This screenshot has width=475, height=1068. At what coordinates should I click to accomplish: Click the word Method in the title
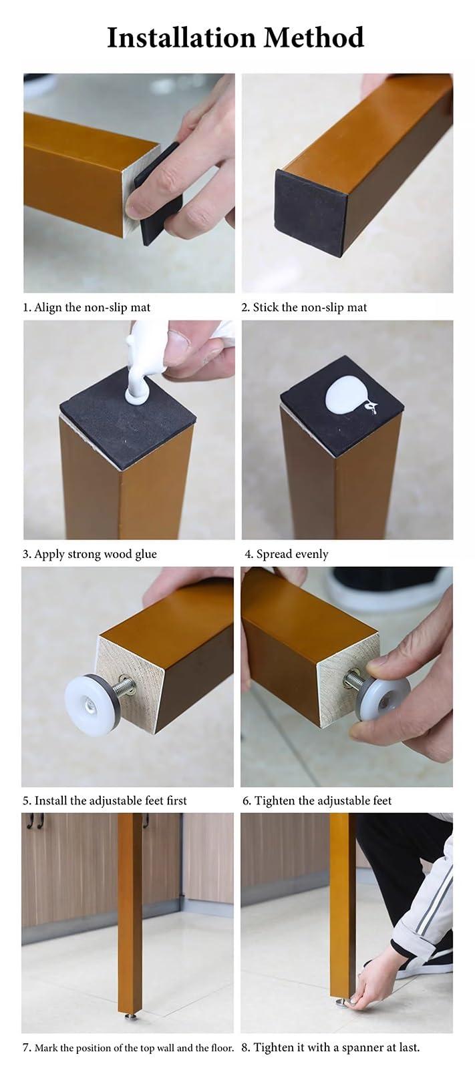313,37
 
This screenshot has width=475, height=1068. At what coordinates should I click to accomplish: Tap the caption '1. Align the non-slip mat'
86,308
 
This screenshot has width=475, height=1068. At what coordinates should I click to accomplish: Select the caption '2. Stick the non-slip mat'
304,308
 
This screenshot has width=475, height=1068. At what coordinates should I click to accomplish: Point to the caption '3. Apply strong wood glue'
90,555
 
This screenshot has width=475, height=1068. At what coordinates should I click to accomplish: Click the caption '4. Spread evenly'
287,555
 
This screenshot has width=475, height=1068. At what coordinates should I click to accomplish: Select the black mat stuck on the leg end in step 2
311,214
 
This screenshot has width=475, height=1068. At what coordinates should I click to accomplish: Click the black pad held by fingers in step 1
158,193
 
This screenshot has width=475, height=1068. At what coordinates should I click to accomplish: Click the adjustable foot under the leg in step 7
130,1015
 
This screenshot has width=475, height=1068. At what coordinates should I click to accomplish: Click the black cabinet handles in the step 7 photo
37,821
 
